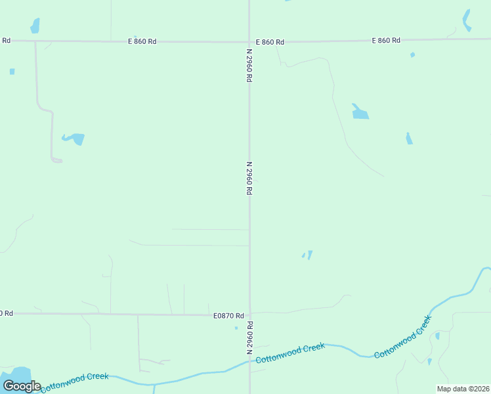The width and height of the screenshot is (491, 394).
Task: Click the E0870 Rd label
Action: [x=228, y=316]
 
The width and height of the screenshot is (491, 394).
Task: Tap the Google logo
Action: [x=22, y=386]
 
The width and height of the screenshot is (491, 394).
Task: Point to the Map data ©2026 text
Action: [x=463, y=389]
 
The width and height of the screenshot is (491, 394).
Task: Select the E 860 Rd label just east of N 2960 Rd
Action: [x=270, y=42]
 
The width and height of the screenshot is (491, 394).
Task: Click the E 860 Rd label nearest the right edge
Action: [x=386, y=41]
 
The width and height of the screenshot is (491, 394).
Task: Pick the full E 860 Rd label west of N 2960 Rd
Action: [x=142, y=41]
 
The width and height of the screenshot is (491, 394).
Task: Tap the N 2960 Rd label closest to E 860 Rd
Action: [x=249, y=65]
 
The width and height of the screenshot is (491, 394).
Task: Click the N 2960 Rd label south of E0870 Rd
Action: [x=250, y=338]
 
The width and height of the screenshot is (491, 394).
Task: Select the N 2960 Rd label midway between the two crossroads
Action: [x=249, y=179]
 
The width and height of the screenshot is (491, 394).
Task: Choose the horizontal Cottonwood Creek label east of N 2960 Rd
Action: [x=290, y=353]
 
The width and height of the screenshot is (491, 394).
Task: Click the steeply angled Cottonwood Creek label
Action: [x=403, y=337]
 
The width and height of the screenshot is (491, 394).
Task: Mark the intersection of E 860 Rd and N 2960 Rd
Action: [x=249, y=41]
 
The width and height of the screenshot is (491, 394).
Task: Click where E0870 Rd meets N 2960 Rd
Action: [x=249, y=315]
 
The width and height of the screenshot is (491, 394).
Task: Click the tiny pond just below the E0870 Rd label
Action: [x=236, y=328]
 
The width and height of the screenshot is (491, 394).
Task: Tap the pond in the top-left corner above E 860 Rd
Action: [x=35, y=26]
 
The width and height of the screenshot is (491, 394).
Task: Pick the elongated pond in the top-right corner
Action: [x=467, y=20]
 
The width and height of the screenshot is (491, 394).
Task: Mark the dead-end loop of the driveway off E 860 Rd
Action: [x=56, y=160]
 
